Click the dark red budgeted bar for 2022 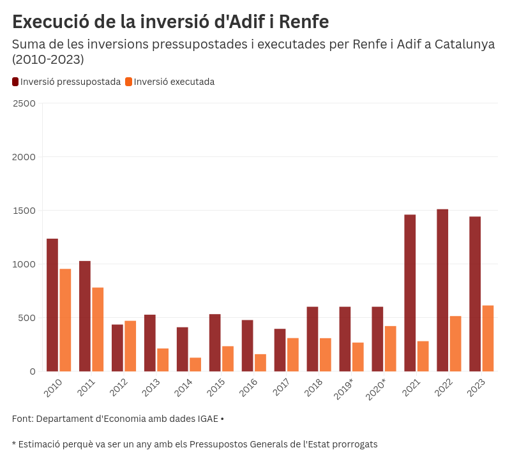tap(442, 290)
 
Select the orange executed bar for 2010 tap(65, 320)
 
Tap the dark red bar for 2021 tap(410, 293)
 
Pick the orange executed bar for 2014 tap(195, 364)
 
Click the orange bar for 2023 tap(488, 338)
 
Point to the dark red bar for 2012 tap(117, 348)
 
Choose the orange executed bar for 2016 tap(260, 363)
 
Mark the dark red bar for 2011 tap(85, 316)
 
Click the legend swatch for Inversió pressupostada tap(15, 82)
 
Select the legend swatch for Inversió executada tap(128, 82)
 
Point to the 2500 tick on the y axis tap(24, 103)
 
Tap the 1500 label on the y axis tap(24, 211)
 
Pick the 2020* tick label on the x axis tap(376, 389)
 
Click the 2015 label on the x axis tap(216, 387)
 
